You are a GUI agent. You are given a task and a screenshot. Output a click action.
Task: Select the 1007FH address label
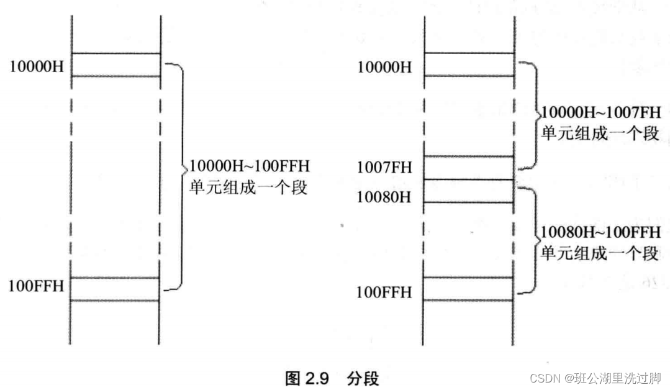[x=384, y=168]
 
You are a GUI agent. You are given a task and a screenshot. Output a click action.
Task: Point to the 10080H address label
[x=384, y=197]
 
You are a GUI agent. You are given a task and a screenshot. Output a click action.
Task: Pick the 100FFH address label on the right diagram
[x=384, y=291]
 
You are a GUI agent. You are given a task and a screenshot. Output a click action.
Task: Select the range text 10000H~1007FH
[x=600, y=113]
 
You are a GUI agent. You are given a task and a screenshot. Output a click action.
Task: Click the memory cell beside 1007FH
[x=469, y=168]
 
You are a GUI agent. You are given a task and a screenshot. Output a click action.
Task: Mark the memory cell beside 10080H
[x=469, y=191]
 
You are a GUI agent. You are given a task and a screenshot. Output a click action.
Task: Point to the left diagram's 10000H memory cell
[x=116, y=65]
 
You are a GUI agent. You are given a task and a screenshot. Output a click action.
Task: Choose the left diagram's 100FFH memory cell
[x=116, y=289]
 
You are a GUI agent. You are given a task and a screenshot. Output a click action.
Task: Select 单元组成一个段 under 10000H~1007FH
[x=600, y=132]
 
